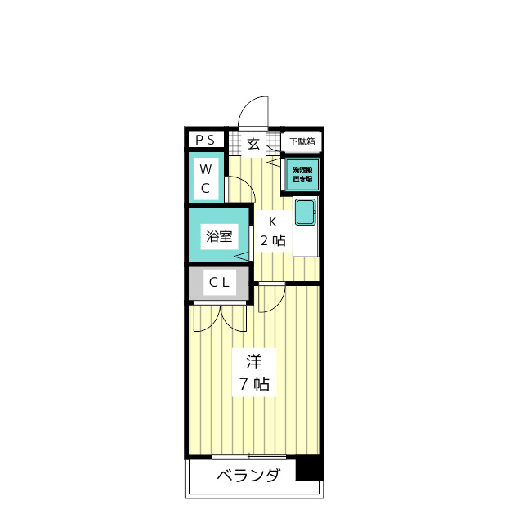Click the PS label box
pos(205,140)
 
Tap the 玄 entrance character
pos(253,144)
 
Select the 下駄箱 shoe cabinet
pos(302,141)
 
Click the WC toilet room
pos(206,179)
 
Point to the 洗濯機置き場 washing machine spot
pos(302,174)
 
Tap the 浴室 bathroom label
pos(218,238)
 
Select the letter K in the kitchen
pos(273,221)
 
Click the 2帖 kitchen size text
pos(273,240)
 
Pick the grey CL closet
pos(218,284)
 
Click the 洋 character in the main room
pos(253,360)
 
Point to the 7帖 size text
pos(253,384)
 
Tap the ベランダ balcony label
pos(248,476)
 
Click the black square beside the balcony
pos(309,469)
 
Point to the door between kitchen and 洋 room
pos(270,298)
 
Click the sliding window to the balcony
pos(249,456)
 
